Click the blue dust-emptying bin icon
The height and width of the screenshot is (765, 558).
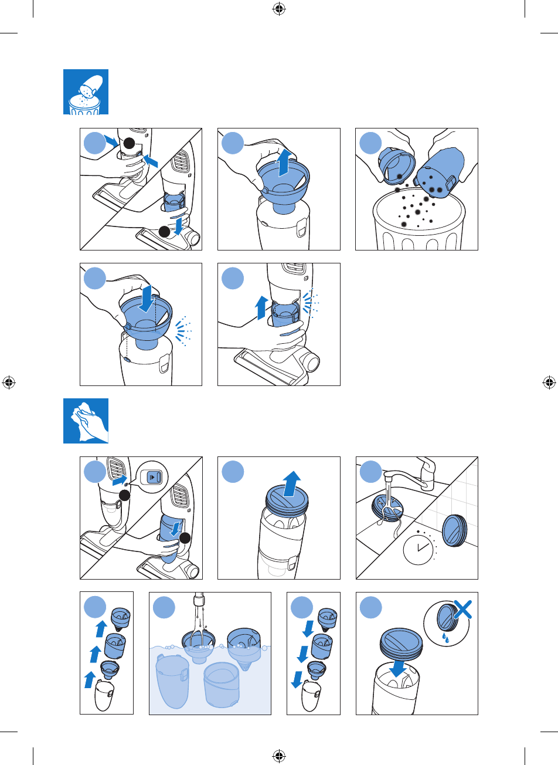(86, 92)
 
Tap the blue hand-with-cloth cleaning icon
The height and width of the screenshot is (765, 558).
(86, 421)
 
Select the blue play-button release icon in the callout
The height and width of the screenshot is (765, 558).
(152, 477)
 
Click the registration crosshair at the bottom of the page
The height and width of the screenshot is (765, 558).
(279, 756)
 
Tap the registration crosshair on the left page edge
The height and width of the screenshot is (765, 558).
(9, 382)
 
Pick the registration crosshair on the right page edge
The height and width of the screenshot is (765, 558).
(549, 382)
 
